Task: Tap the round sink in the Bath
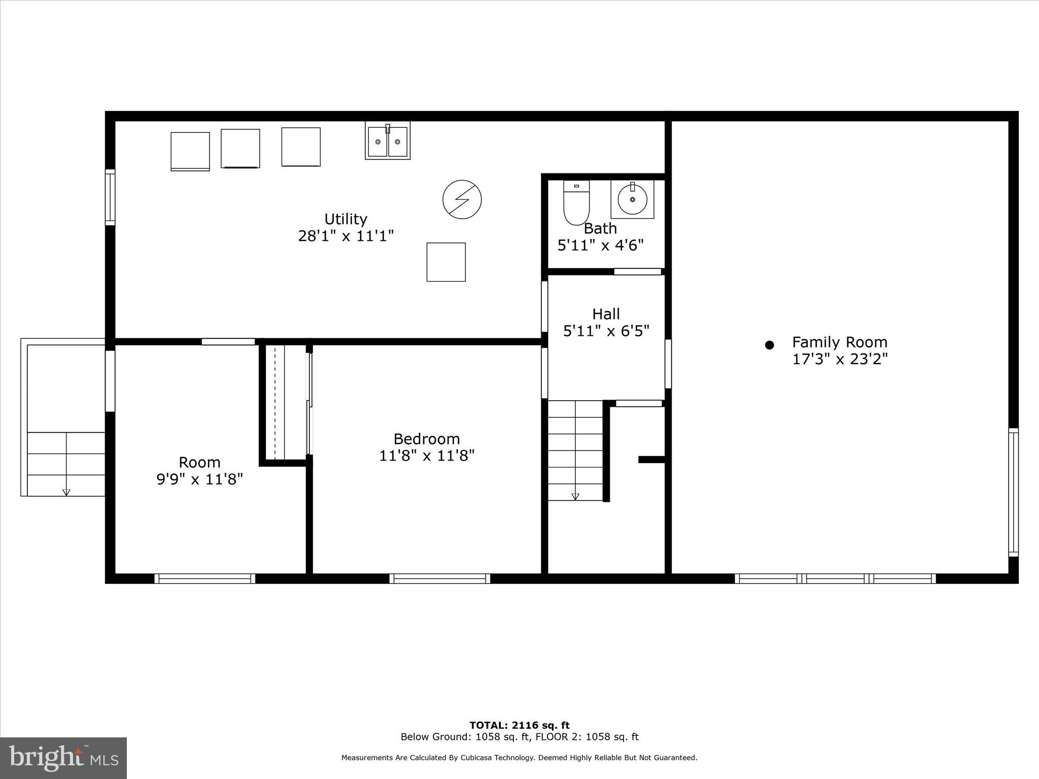pyautogui.click(x=632, y=199)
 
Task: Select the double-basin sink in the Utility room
pyautogui.click(x=388, y=141)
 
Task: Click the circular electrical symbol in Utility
pyautogui.click(x=462, y=199)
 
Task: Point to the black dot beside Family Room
pyautogui.click(x=769, y=345)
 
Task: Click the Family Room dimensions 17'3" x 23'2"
pyautogui.click(x=840, y=360)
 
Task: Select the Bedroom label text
pyautogui.click(x=427, y=439)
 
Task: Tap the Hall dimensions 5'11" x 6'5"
pyautogui.click(x=606, y=331)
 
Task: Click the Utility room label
pyautogui.click(x=345, y=219)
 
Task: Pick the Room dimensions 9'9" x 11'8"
pyautogui.click(x=199, y=479)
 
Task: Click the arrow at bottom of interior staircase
pyautogui.click(x=575, y=497)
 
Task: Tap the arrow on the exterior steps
pyautogui.click(x=66, y=491)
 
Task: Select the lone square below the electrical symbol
pyautogui.click(x=446, y=262)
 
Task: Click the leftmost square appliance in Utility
pyautogui.click(x=190, y=151)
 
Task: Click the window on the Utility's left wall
pyautogui.click(x=110, y=197)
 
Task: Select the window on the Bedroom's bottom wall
pyautogui.click(x=439, y=578)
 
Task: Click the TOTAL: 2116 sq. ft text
pyautogui.click(x=519, y=725)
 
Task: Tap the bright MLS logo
pyautogui.click(x=63, y=758)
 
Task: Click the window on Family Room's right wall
pyautogui.click(x=1013, y=492)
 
